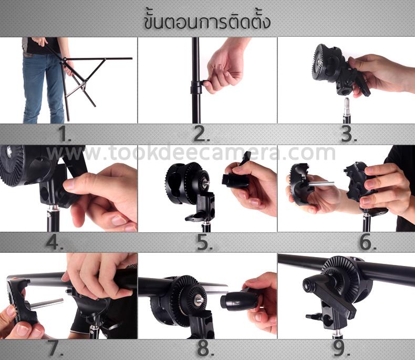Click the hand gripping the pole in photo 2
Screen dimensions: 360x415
pyautogui.click(x=223, y=68)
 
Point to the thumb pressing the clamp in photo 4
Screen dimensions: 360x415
pyautogui.click(x=84, y=184)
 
